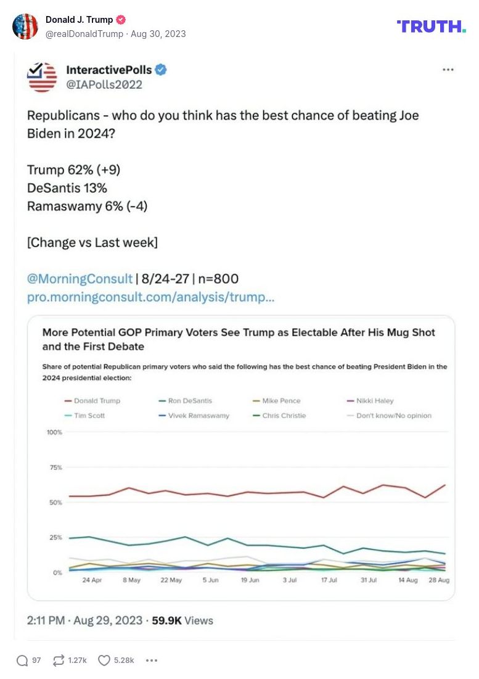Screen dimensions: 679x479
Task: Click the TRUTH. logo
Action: pyautogui.click(x=431, y=26)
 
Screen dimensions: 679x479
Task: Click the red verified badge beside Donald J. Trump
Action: pyautogui.click(x=121, y=20)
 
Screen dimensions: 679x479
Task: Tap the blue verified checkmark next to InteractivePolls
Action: pyautogui.click(x=161, y=70)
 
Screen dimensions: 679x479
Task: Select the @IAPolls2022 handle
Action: pyautogui.click(x=104, y=84)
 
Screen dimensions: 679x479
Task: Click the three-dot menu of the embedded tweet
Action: pyautogui.click(x=448, y=70)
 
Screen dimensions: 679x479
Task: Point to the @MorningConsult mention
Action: pyautogui.click(x=80, y=279)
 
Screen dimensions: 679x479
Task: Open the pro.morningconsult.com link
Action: pyautogui.click(x=150, y=297)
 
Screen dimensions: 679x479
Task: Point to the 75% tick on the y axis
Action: pyautogui.click(x=55, y=467)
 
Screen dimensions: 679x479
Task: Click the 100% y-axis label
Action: pyautogui.click(x=54, y=432)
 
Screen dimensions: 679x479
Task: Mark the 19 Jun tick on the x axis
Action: pyautogui.click(x=250, y=581)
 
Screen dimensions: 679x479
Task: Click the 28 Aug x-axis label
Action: pyautogui.click(x=439, y=581)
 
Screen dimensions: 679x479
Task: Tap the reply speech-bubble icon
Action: pyautogui.click(x=22, y=660)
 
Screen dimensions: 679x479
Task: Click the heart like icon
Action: pyautogui.click(x=104, y=660)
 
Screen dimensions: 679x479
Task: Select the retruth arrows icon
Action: pyautogui.click(x=59, y=660)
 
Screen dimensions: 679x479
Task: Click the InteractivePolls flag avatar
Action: pyautogui.click(x=43, y=76)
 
